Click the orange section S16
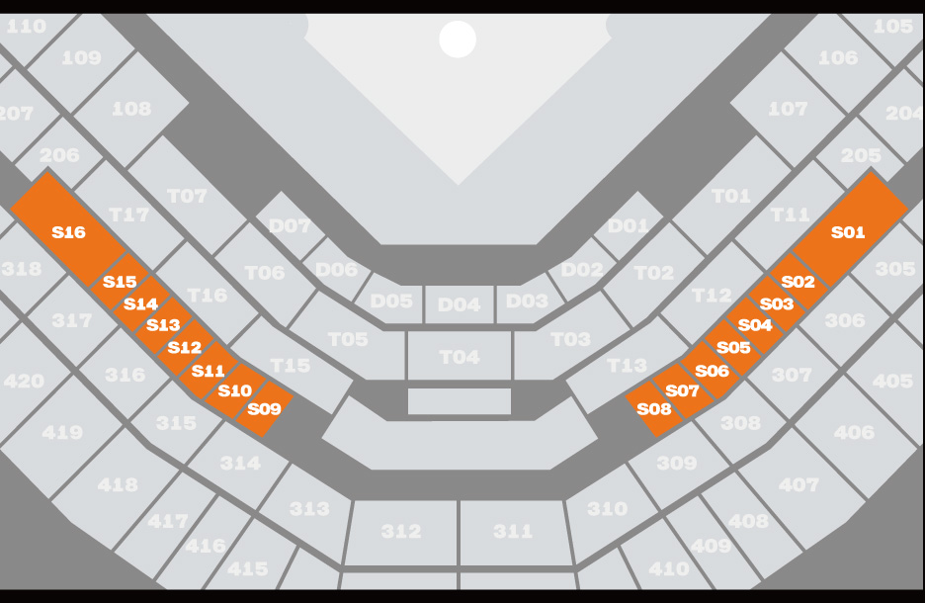click(x=68, y=231)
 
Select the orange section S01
click(x=848, y=231)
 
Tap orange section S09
click(x=264, y=407)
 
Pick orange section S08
click(x=654, y=408)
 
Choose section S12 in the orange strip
click(x=184, y=347)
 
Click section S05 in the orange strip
click(x=733, y=347)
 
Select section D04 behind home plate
click(x=459, y=303)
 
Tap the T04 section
click(x=460, y=356)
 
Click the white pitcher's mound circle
click(x=458, y=40)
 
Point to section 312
click(x=401, y=531)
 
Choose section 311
click(x=513, y=531)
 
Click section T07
click(x=188, y=196)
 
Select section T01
click(x=731, y=196)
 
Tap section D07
click(x=290, y=225)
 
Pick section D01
click(x=629, y=225)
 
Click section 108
click(x=131, y=108)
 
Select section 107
click(x=788, y=108)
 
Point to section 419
click(x=62, y=432)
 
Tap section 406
click(x=854, y=432)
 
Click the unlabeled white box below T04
click(x=460, y=401)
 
